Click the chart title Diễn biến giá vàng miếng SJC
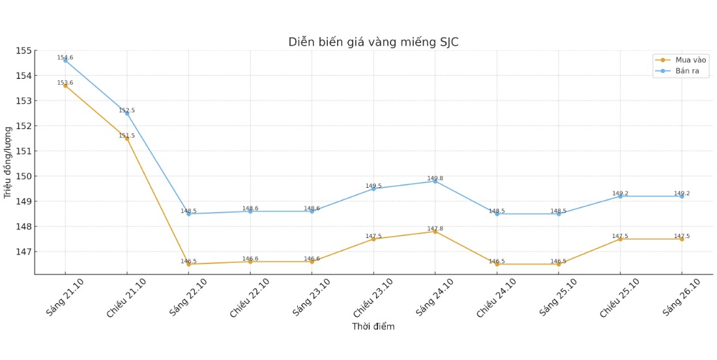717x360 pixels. [373, 42]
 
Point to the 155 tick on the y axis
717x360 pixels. [23, 51]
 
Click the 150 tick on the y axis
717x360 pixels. [23, 176]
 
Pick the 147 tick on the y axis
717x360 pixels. [23, 252]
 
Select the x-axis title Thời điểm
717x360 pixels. [373, 327]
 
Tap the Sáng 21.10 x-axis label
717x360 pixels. [65, 297]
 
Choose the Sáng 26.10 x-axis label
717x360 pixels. [681, 297]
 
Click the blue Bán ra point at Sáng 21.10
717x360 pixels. [65, 61]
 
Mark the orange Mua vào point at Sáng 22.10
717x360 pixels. [188, 264]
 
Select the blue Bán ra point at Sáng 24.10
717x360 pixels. [435, 181]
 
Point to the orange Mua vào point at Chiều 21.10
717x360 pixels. [127, 138]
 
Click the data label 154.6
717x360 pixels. [65, 57]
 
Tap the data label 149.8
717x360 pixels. [435, 178]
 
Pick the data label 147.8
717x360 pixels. [435, 228]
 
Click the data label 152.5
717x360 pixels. [127, 110]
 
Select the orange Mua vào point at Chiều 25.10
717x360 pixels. [621, 239]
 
